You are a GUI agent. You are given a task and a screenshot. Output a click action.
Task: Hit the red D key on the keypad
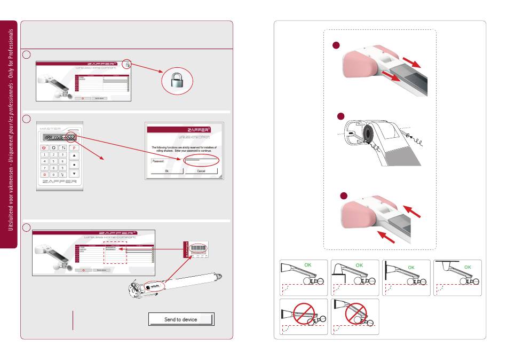(45, 174)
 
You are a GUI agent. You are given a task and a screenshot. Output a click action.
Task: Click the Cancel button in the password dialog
(201, 171)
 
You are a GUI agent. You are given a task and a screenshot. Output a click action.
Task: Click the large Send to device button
(180, 319)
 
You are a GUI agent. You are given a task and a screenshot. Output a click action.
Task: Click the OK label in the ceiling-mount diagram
(468, 267)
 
